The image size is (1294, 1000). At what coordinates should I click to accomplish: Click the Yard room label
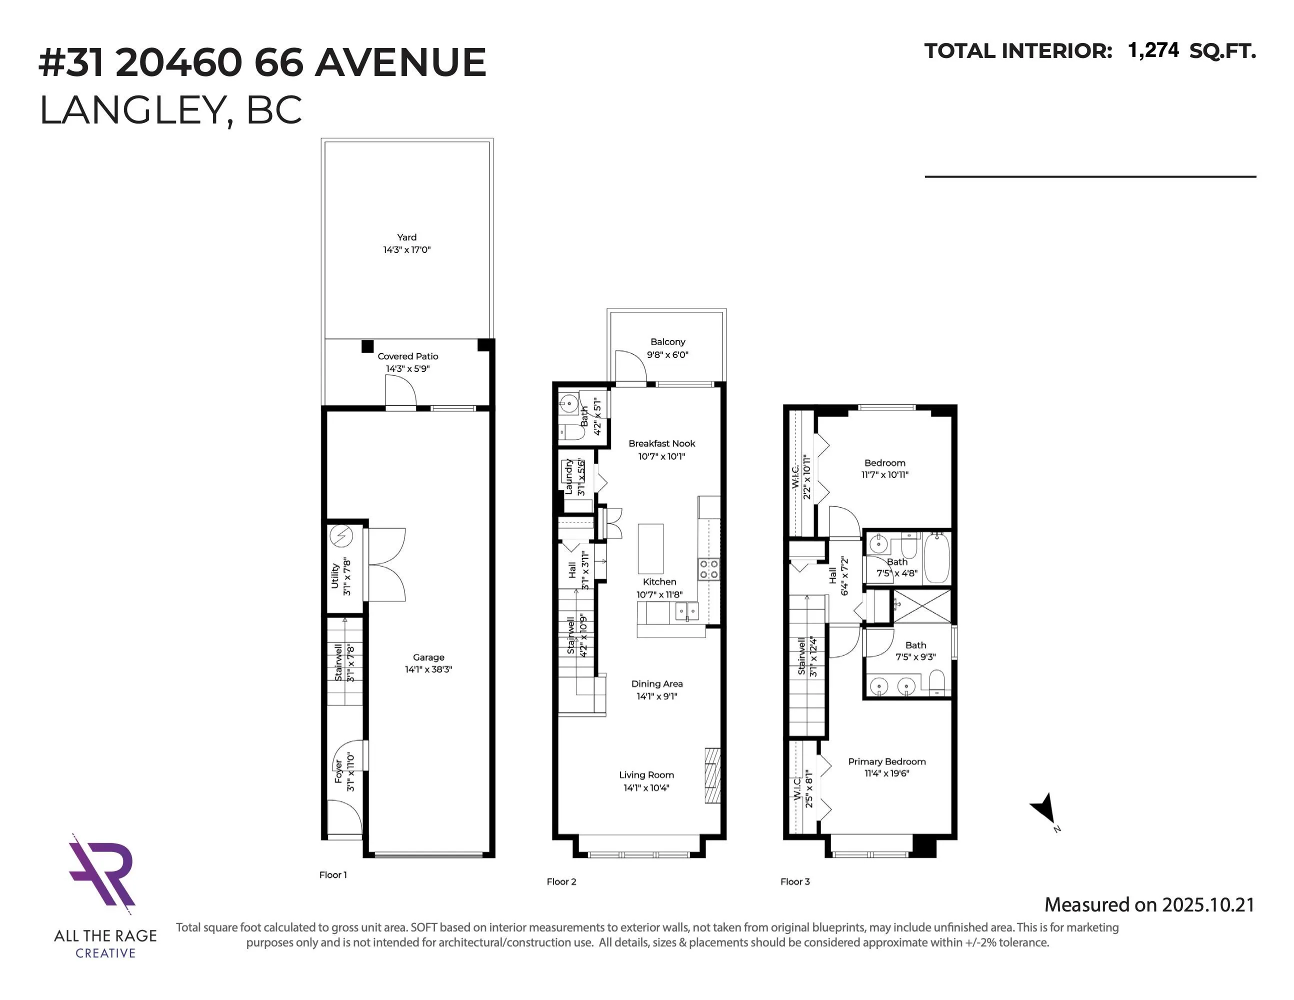click(406, 237)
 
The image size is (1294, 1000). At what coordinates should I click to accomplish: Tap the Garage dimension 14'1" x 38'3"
click(428, 669)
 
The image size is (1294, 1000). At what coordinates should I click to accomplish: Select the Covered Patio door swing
click(400, 391)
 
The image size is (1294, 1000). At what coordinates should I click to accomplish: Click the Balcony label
click(667, 342)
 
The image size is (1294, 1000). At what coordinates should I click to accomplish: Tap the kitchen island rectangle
click(650, 548)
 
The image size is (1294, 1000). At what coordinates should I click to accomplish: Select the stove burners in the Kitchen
click(708, 569)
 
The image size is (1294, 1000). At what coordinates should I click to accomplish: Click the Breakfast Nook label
click(662, 443)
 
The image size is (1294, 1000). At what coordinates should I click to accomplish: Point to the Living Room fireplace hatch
click(712, 775)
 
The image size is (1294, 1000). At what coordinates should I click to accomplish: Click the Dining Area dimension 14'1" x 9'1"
click(656, 696)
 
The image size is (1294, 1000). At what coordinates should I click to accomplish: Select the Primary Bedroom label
click(886, 761)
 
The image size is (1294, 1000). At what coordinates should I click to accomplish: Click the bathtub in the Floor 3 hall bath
click(936, 558)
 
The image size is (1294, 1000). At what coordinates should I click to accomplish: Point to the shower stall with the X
click(921, 606)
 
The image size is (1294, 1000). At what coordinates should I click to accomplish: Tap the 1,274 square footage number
click(1153, 51)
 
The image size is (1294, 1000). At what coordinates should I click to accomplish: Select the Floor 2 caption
click(561, 881)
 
